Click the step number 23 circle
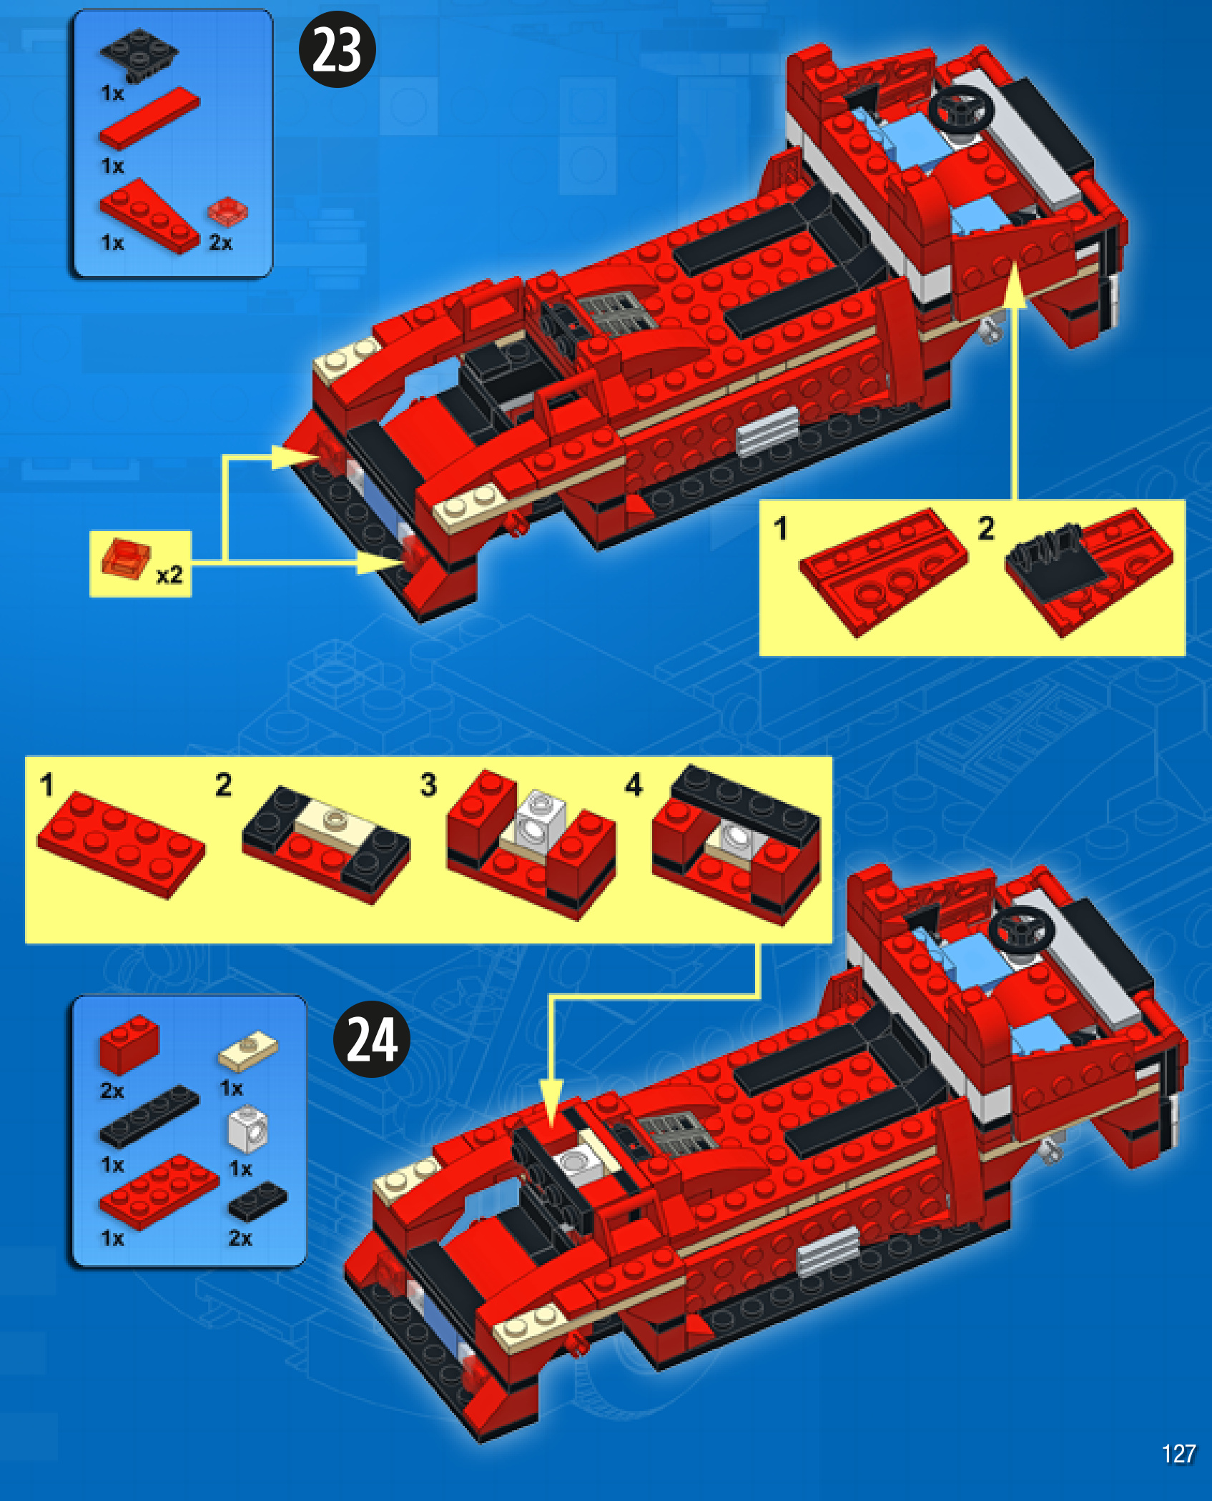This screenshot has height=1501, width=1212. click(x=337, y=50)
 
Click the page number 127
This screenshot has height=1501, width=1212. click(x=1178, y=1453)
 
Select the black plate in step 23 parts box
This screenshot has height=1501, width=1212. click(x=139, y=55)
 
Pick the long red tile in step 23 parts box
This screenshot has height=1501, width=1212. click(x=149, y=118)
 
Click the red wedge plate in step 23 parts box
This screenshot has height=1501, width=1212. click(x=149, y=217)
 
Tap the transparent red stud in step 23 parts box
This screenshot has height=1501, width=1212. click(x=227, y=212)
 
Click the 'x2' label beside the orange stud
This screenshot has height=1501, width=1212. click(x=169, y=575)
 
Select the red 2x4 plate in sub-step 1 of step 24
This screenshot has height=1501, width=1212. click(x=121, y=843)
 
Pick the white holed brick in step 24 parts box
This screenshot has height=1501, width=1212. click(x=247, y=1129)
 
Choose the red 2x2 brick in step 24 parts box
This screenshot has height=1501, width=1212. click(x=129, y=1044)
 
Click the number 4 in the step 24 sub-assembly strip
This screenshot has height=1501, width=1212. click(x=634, y=784)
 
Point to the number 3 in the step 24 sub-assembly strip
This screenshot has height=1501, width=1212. click(x=428, y=784)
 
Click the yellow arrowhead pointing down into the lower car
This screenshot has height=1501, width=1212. click(x=551, y=1104)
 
